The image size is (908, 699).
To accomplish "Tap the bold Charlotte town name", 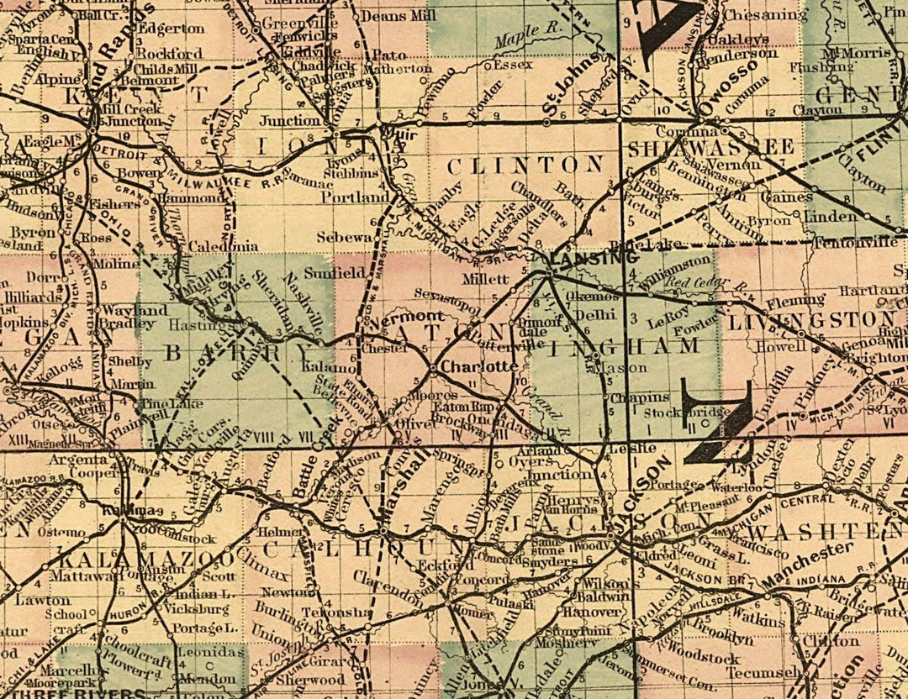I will click(x=478, y=367).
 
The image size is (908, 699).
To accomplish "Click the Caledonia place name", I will click(x=222, y=247).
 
